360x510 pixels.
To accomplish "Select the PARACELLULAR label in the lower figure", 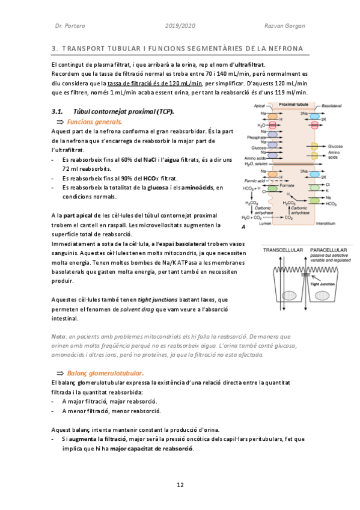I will pos(329,249).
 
